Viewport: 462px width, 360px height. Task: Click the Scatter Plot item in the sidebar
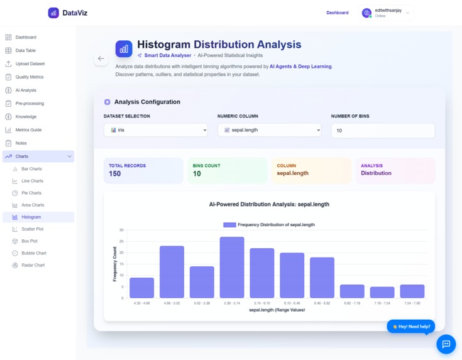32,229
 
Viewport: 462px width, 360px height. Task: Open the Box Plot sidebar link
30,241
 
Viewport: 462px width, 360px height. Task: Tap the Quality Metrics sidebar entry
29,77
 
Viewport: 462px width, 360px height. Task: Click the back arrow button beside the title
101,58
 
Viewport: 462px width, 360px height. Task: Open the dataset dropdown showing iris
155,130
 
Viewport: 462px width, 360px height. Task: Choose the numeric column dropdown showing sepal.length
269,130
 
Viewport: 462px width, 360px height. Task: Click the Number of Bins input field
382,131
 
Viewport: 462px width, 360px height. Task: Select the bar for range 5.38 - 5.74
232,267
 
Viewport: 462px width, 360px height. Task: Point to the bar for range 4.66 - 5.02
172,271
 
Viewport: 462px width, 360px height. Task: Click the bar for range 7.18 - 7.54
382,292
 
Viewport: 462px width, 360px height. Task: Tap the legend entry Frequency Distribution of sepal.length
269,224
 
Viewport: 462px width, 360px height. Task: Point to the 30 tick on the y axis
121,230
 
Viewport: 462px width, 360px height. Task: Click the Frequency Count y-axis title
115,264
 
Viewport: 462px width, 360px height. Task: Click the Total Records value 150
115,174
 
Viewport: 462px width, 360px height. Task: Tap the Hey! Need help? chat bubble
410,327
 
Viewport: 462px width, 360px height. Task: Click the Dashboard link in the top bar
337,13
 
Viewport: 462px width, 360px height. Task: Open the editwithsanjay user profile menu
386,13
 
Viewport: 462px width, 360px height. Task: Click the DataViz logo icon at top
53,13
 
